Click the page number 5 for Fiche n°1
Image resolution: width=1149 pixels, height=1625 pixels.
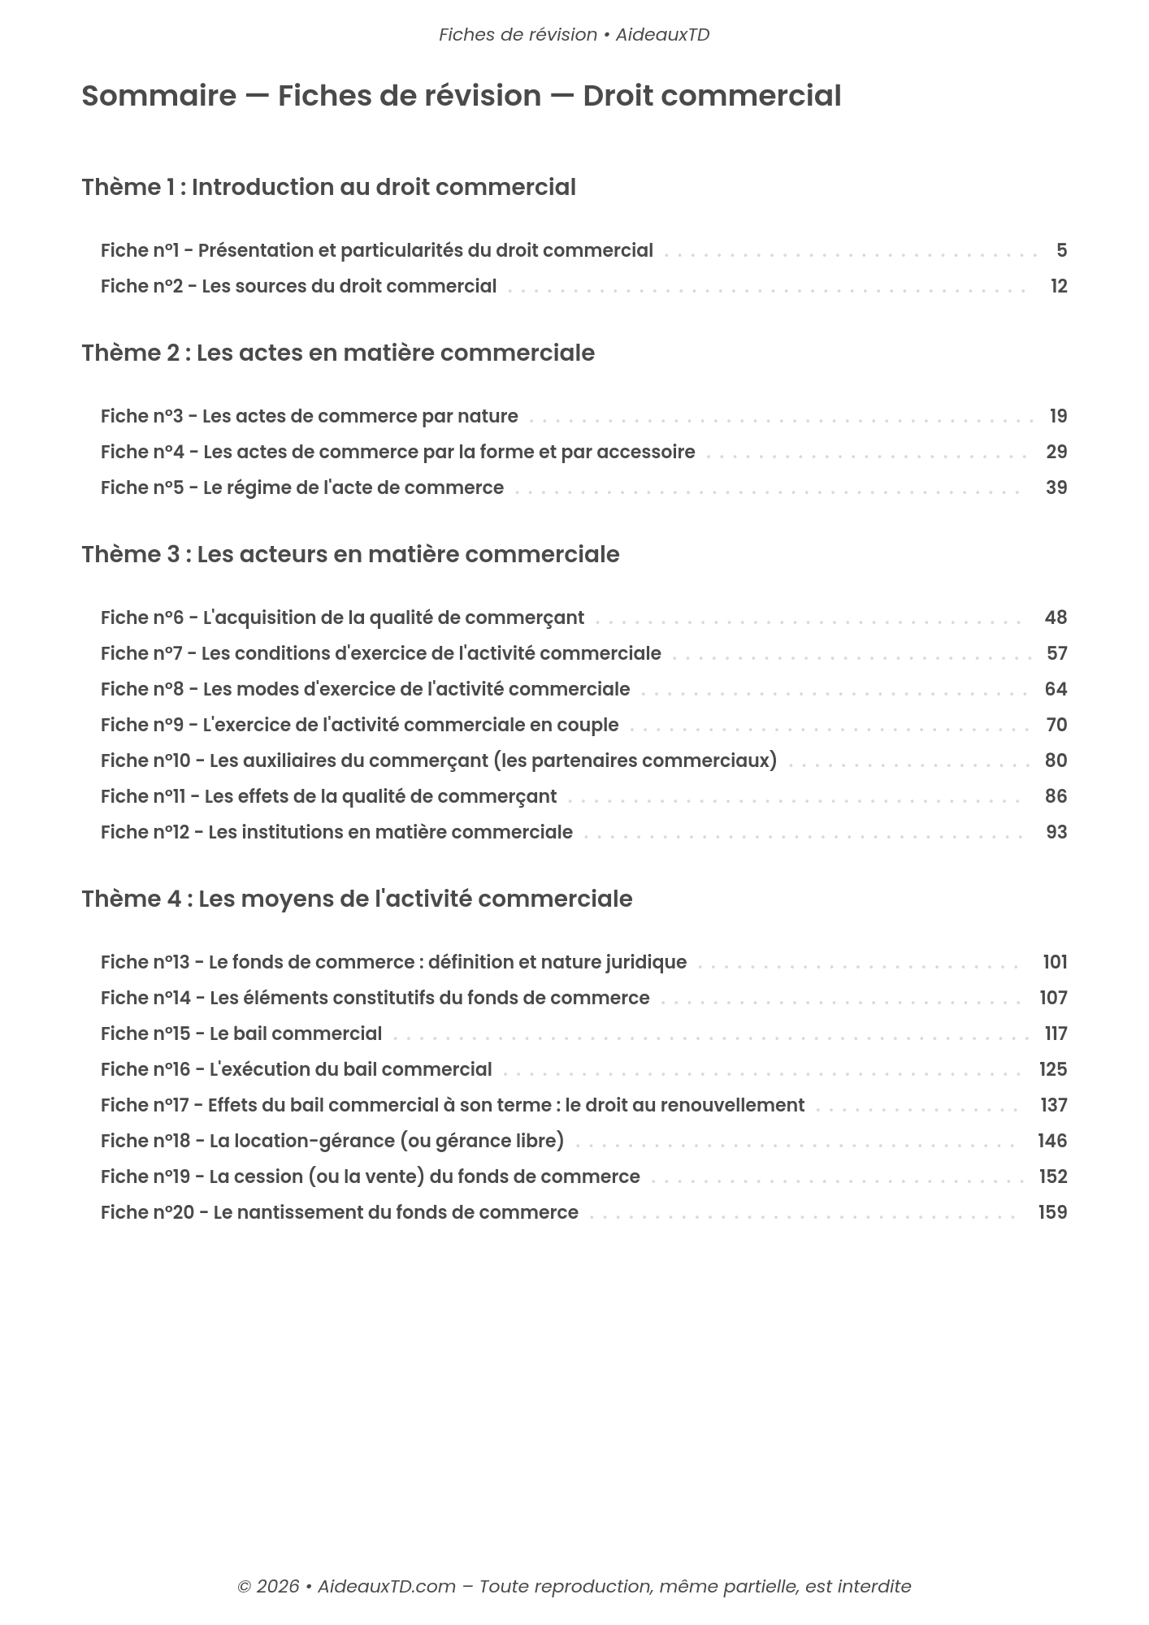tap(1061, 251)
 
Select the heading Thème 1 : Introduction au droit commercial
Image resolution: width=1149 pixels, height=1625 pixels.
tap(328, 188)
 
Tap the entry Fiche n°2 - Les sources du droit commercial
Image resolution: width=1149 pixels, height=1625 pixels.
tap(298, 287)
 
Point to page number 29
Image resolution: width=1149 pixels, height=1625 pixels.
tap(1056, 453)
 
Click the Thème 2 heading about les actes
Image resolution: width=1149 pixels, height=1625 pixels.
tap(338, 353)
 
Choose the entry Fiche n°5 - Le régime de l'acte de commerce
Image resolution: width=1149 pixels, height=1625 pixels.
tap(302, 488)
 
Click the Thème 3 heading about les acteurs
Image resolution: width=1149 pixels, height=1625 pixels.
tap(350, 555)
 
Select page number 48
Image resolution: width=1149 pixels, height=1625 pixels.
tap(1056, 618)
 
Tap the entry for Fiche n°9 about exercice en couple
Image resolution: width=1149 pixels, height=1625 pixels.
tap(359, 726)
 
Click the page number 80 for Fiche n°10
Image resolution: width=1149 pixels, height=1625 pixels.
tap(1056, 761)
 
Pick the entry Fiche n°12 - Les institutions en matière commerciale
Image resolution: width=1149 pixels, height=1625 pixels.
tap(336, 833)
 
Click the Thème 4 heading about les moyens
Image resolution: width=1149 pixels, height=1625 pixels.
tap(357, 899)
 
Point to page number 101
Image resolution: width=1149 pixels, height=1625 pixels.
tap(1055, 963)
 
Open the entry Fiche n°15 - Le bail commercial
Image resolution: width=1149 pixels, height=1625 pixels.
tap(241, 1034)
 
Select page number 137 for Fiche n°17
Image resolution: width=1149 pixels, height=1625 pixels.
tap(1054, 1106)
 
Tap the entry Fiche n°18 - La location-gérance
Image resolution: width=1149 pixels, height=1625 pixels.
tap(332, 1142)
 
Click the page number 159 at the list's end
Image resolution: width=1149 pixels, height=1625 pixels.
tap(1052, 1213)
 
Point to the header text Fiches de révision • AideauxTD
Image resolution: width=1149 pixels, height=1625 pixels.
tap(574, 35)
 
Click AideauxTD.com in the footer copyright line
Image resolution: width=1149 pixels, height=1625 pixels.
tap(386, 1586)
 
